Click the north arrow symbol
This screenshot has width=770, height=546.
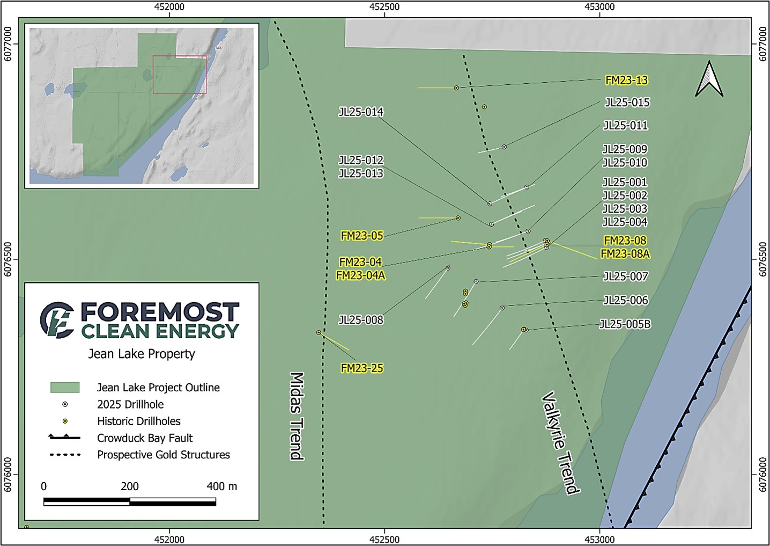click(709, 79)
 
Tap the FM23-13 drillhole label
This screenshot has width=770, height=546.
click(626, 81)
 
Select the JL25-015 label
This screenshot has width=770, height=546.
click(627, 103)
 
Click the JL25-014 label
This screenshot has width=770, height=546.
click(361, 112)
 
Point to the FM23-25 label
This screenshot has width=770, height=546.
click(362, 368)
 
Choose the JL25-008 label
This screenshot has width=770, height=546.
click(361, 320)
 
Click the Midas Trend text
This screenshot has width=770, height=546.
click(297, 416)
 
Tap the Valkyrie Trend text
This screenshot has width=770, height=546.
click(561, 442)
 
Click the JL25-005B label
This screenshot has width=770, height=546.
click(625, 324)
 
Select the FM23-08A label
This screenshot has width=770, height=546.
click(625, 254)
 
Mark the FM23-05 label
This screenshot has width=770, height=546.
click(362, 236)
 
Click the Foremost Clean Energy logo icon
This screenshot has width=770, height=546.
click(57, 319)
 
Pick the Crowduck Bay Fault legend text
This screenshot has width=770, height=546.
click(145, 438)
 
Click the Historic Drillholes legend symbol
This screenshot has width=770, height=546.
click(65, 421)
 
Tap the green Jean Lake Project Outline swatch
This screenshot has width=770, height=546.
click(65, 388)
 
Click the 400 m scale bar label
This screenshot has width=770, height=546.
click(221, 486)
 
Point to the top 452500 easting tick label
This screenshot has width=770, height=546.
click(384, 7)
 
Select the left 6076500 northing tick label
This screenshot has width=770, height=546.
click(8, 259)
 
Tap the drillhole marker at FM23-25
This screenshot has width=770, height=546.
click(319, 333)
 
